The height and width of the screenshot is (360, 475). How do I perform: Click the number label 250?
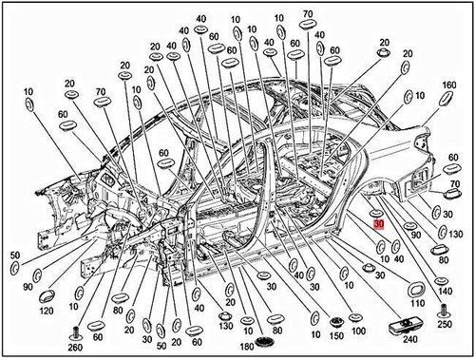[x=443, y=324]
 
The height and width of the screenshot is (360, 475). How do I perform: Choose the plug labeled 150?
[x=336, y=316]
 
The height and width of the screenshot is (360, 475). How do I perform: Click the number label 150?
[x=336, y=334]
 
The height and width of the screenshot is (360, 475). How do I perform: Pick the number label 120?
[x=44, y=311]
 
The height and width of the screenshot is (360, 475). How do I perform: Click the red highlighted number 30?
[x=378, y=226]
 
